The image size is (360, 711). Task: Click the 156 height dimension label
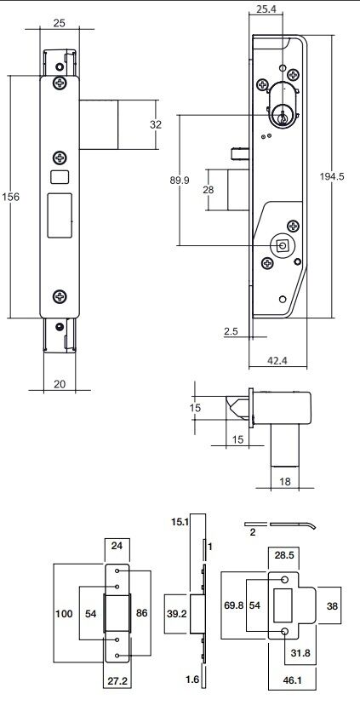point(11,198)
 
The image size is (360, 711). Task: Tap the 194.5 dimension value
point(332,177)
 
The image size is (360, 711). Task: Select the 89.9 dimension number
point(180,180)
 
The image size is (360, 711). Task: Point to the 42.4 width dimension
point(278,360)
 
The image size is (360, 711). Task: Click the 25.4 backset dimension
point(266,9)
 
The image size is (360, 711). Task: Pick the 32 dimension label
point(156,124)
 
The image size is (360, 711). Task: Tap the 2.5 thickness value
point(231,331)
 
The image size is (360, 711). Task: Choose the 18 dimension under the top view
point(285,482)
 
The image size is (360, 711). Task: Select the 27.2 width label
point(117,681)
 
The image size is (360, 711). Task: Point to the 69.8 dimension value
point(232,605)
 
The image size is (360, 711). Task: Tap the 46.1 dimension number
point(291,680)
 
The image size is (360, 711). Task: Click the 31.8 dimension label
point(300,653)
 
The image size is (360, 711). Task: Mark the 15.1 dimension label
point(180,522)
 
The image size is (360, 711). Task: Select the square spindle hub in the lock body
point(283,246)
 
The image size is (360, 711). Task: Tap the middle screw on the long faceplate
point(60,158)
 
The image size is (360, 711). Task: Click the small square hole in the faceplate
point(60,177)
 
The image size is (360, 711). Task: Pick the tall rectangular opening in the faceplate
point(60,215)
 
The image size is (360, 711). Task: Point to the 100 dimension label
point(64,614)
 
